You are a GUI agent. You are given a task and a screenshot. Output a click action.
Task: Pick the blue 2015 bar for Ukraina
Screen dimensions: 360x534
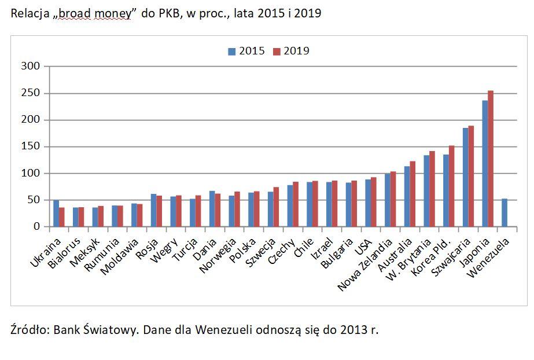pyautogui.click(x=56, y=214)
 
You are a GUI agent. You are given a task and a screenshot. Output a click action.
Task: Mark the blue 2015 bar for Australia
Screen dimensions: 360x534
pyautogui.click(x=407, y=197)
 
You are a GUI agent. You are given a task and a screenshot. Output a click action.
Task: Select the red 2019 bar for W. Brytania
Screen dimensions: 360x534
pyautogui.click(x=432, y=189)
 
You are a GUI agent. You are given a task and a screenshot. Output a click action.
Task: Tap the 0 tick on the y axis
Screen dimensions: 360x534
pyautogui.click(x=38, y=227)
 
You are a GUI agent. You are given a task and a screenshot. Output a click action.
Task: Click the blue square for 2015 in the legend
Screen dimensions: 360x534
pyautogui.click(x=231, y=52)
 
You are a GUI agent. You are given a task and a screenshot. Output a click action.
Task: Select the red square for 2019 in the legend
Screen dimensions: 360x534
pyautogui.click(x=277, y=52)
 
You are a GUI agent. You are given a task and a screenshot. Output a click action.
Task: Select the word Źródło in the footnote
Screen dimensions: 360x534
pyautogui.click(x=30, y=330)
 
